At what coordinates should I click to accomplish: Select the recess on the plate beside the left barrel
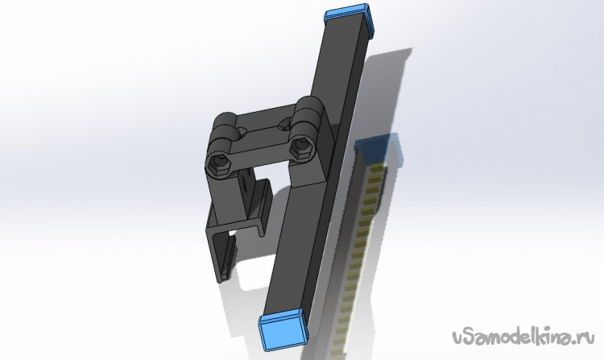(242, 132)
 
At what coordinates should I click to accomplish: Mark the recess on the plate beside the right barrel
(285, 124)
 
